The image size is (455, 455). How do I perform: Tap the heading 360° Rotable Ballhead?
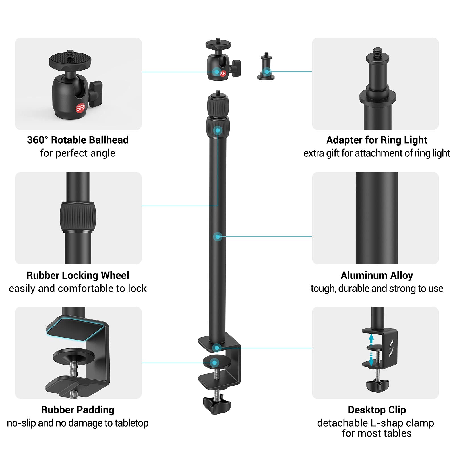(x=78, y=140)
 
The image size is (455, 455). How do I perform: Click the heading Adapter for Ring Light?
(x=377, y=140)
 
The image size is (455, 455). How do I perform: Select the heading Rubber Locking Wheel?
(x=78, y=275)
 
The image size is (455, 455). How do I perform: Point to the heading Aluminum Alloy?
(x=377, y=275)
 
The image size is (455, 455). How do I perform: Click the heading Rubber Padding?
(x=78, y=410)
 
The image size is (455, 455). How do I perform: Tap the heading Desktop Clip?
(x=377, y=410)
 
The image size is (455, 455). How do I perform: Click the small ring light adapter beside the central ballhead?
(x=266, y=67)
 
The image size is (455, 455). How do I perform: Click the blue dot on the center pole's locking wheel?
(x=218, y=131)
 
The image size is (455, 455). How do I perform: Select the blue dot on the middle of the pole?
(x=218, y=237)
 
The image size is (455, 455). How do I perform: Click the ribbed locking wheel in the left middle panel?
(x=78, y=217)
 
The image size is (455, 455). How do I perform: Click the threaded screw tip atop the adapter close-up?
(x=377, y=52)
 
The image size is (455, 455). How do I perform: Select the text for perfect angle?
(x=78, y=153)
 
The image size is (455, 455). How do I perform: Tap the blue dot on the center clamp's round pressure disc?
(x=214, y=363)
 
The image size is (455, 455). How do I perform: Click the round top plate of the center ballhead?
(x=218, y=44)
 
